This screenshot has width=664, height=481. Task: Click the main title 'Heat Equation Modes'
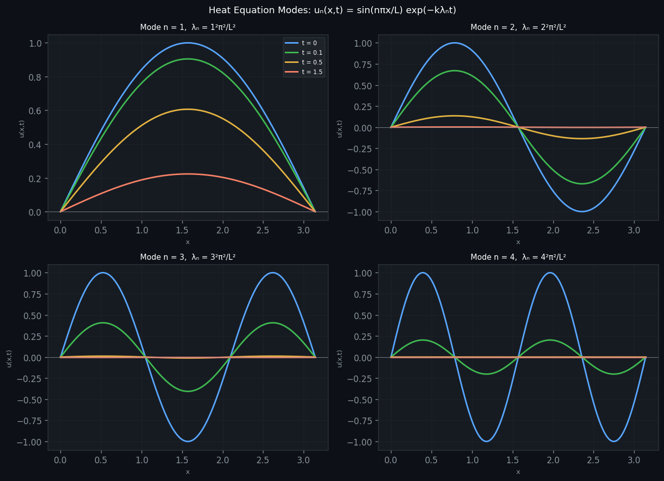pyautogui.click(x=332, y=10)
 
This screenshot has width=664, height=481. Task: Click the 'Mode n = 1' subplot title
pyautogui.click(x=188, y=27)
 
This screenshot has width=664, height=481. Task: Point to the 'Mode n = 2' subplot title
pyautogui.click(x=518, y=27)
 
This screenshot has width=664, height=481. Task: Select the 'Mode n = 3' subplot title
pyautogui.click(x=188, y=257)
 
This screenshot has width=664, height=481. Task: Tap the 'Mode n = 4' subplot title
pyautogui.click(x=518, y=257)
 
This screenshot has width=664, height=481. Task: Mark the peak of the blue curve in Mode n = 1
pyautogui.click(x=188, y=43)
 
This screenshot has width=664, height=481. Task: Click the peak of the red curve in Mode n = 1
pyautogui.click(x=188, y=174)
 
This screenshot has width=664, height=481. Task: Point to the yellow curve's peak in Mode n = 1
pyautogui.click(x=188, y=109)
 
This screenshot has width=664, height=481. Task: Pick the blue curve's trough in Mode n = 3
pyautogui.click(x=188, y=441)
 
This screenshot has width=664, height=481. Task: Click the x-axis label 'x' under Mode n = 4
pyautogui.click(x=518, y=472)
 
